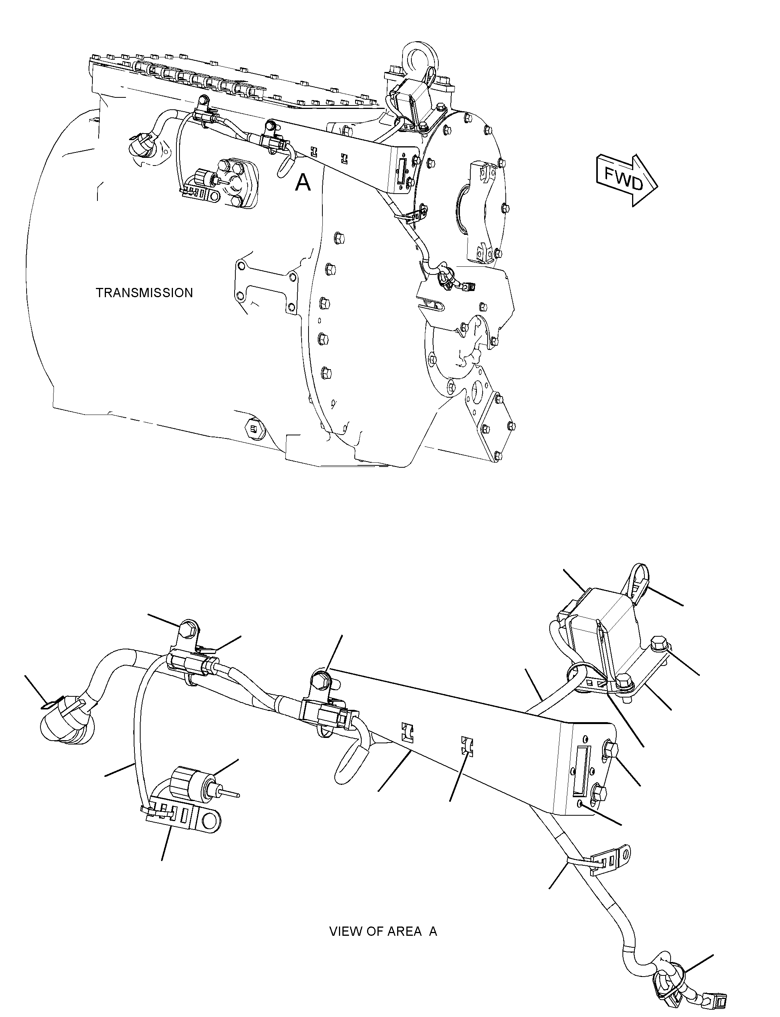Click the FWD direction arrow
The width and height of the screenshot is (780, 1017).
pos(627,180)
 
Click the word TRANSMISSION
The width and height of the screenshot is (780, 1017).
pos(144,293)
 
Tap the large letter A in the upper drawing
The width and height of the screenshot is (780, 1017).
pos(303,182)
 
